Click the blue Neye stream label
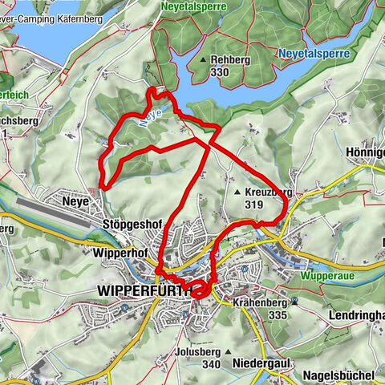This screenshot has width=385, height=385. [155, 116]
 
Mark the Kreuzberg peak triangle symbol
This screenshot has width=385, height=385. [237, 192]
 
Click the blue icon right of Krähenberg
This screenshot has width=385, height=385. [296, 302]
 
